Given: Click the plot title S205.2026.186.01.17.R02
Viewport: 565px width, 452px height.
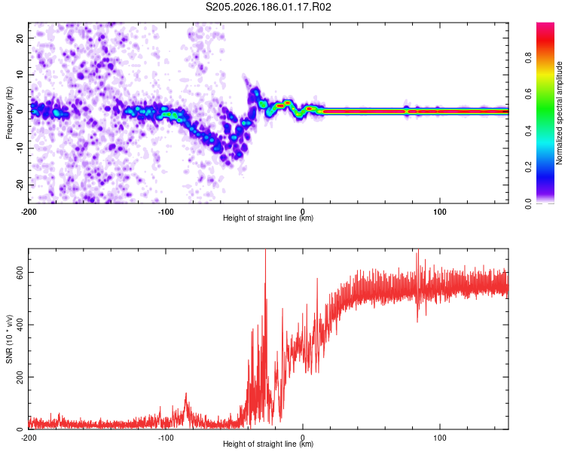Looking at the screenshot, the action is pyautogui.click(x=268, y=7).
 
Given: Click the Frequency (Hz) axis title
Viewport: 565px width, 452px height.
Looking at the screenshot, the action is pyautogui.click(x=9, y=113).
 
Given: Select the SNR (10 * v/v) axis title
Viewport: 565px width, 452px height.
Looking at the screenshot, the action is pyautogui.click(x=9, y=339).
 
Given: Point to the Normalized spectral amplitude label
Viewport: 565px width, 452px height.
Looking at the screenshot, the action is pyautogui.click(x=559, y=113).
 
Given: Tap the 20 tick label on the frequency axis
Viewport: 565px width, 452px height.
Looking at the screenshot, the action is pyautogui.click(x=20, y=38).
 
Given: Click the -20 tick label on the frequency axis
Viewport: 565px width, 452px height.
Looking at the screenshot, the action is pyautogui.click(x=20, y=185).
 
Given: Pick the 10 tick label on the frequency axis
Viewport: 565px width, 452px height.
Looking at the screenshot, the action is pyautogui.click(x=20, y=75).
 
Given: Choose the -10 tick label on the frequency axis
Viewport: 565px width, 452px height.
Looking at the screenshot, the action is pyautogui.click(x=20, y=148).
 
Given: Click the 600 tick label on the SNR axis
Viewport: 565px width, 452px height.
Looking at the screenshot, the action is pyautogui.click(x=20, y=273).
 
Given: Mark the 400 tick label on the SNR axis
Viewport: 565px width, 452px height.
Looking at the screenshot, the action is pyautogui.click(x=20, y=325).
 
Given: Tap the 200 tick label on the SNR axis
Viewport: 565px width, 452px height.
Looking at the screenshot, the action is pyautogui.click(x=20, y=377).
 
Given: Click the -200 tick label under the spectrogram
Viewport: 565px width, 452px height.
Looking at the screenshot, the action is pyautogui.click(x=29, y=212).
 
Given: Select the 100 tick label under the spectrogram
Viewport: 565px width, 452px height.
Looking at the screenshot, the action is pyautogui.click(x=440, y=212).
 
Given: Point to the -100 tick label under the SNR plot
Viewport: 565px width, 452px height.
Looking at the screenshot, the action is pyautogui.click(x=166, y=438).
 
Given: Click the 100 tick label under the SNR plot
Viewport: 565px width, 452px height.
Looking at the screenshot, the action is pyautogui.click(x=440, y=438).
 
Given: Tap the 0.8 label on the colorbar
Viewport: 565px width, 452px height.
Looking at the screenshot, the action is pyautogui.click(x=528, y=58).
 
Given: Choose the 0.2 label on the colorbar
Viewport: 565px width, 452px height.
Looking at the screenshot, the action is pyautogui.click(x=528, y=167).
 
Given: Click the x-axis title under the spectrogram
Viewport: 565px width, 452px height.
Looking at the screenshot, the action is pyautogui.click(x=268, y=218).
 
